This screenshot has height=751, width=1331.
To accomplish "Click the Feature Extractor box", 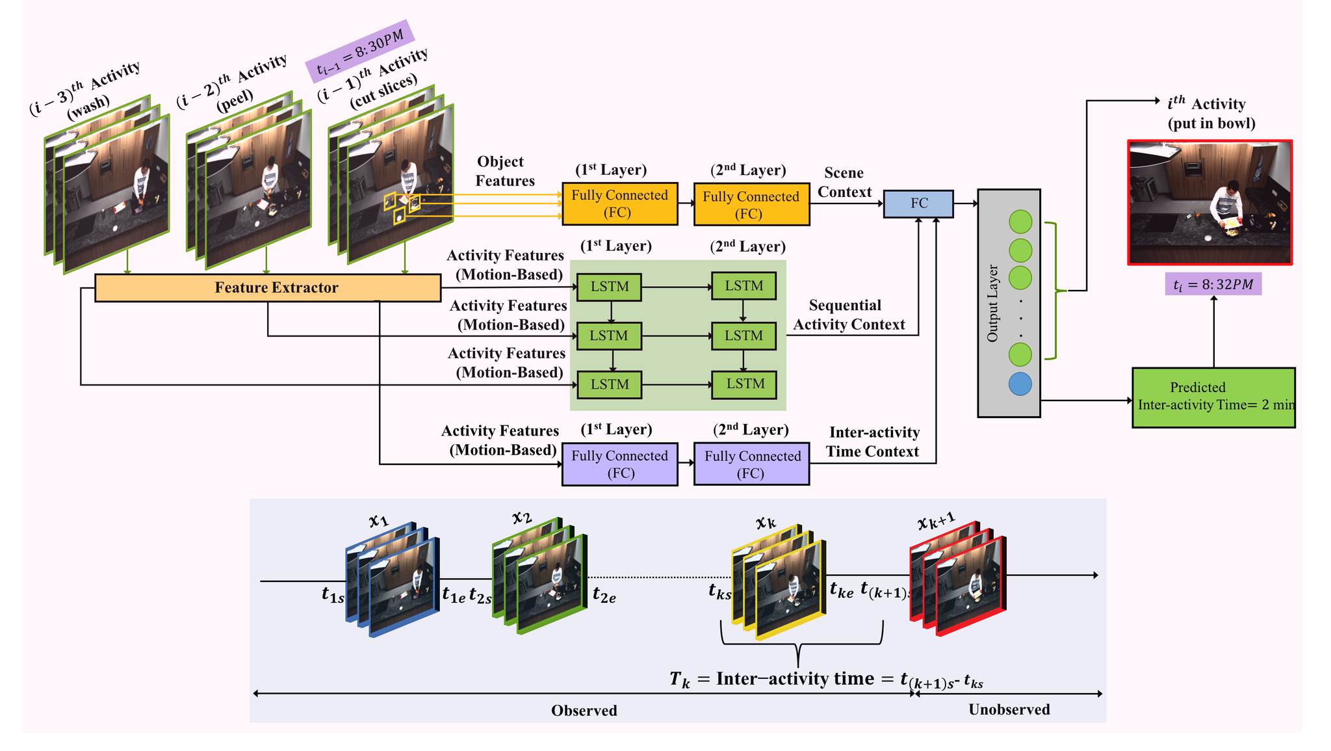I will click(x=268, y=288).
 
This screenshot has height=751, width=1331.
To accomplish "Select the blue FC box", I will click(x=918, y=204).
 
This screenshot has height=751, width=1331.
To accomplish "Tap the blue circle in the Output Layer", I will click(x=1020, y=384).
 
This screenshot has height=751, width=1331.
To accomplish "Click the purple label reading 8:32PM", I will click(x=1213, y=284).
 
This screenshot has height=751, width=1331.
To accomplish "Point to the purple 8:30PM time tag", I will click(x=359, y=51).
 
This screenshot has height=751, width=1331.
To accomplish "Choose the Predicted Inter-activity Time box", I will click(x=1213, y=397).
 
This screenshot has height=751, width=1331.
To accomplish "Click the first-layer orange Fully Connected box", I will click(x=619, y=204).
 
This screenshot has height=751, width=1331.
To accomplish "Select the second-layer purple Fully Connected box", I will click(x=751, y=464).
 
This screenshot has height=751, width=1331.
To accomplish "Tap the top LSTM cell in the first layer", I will click(x=609, y=287).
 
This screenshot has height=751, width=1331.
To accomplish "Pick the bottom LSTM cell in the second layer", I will click(x=744, y=384).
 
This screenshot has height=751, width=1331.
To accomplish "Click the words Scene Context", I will click(x=844, y=183).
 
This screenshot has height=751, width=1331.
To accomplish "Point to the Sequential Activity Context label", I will click(x=848, y=315).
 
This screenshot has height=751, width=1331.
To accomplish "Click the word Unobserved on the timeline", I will click(x=1009, y=709).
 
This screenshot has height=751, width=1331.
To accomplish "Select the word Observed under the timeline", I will click(x=584, y=711).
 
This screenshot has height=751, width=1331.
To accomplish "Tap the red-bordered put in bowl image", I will click(x=1209, y=202).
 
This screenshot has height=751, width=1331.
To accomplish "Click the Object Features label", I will click(x=504, y=172).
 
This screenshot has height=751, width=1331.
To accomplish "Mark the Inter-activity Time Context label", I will click(x=873, y=442).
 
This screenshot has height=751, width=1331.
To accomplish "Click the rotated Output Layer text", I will click(x=992, y=303).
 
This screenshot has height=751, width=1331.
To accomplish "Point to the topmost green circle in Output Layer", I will click(x=1020, y=222).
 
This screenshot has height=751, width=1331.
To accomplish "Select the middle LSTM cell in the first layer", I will click(x=609, y=336).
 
